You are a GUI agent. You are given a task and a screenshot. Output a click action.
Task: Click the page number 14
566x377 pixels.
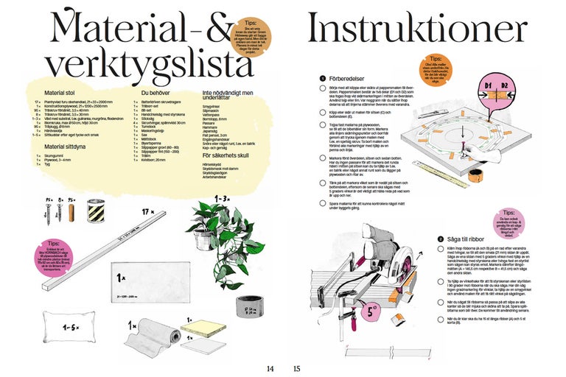[x=270, y=368]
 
